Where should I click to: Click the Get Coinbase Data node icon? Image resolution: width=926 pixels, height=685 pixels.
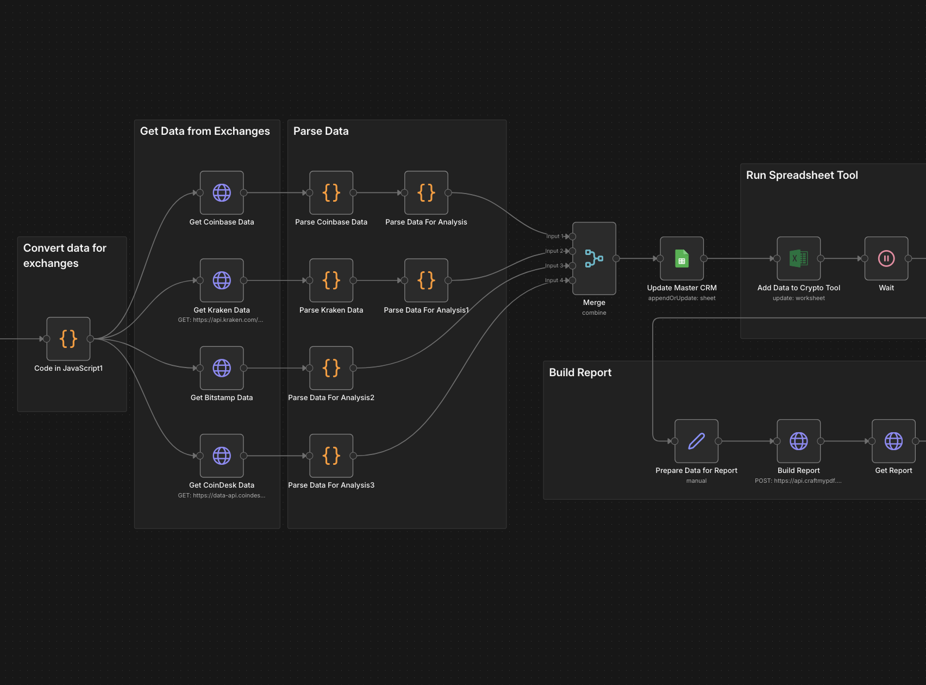point(222,193)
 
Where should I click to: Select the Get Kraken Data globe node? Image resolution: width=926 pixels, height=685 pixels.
point(222,281)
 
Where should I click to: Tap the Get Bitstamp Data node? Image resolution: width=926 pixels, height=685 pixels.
point(222,368)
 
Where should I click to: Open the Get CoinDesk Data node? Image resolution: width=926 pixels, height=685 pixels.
point(222,456)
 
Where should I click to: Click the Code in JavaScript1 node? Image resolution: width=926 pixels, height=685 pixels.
point(68,339)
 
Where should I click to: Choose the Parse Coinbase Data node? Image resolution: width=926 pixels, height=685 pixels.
point(331,193)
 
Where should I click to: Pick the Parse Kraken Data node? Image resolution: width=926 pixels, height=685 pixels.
point(331,281)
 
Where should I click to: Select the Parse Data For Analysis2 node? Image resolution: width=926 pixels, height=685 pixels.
point(331,368)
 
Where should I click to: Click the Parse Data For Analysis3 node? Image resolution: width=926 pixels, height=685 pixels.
point(331,456)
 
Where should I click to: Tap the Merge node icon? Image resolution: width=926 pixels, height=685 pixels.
point(594,258)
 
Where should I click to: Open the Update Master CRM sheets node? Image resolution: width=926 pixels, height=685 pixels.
point(682,259)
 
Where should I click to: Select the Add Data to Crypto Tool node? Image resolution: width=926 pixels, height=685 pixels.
point(799,259)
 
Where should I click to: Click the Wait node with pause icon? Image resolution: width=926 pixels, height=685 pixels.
point(886,259)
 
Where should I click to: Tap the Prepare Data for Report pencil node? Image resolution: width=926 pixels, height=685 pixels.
point(697,441)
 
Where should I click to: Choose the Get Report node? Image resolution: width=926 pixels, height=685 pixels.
point(894,441)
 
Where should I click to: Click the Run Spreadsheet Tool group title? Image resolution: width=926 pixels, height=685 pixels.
point(802,176)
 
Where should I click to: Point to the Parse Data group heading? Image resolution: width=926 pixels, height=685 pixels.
point(321,132)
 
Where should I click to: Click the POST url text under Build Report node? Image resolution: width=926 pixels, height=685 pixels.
point(798,481)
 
